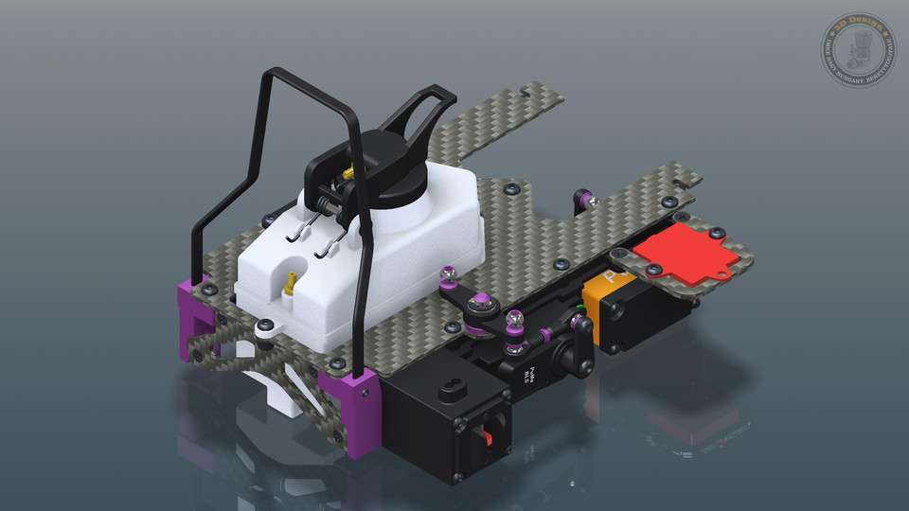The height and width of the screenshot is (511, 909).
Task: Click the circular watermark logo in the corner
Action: click(857, 49)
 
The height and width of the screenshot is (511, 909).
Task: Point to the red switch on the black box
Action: click(490, 437)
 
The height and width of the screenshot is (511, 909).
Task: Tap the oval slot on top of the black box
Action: click(449, 390)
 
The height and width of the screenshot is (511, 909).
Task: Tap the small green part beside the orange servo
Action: click(579, 308)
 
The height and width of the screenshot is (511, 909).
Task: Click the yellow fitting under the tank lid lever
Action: click(348, 173)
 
